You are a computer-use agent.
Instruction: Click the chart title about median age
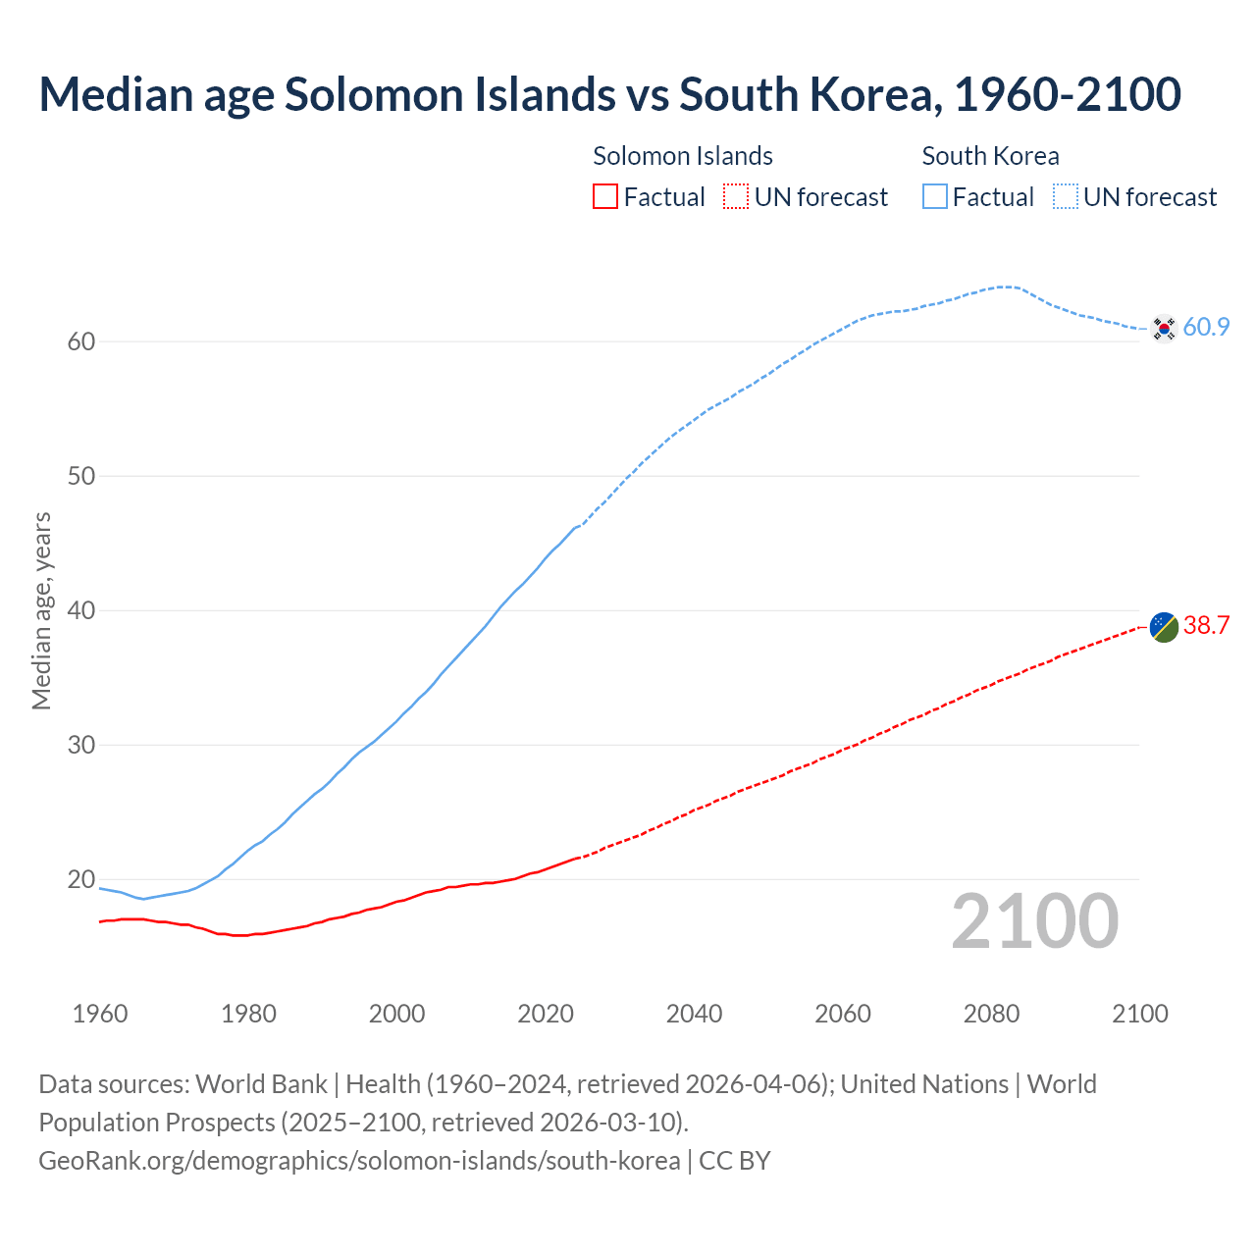tap(609, 94)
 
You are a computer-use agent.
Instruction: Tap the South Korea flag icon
tap(1164, 328)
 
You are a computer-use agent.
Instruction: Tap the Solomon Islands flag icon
tap(1164, 626)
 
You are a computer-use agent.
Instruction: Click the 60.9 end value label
tap(1206, 328)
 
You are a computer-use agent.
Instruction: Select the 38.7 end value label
tap(1206, 626)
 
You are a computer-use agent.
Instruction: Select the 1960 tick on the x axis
tap(100, 1014)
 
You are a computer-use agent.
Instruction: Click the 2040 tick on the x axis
tap(694, 1014)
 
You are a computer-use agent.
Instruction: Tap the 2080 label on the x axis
tap(991, 1014)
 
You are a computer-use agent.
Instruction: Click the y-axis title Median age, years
tap(41, 610)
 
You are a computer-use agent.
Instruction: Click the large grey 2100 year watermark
tap(1034, 921)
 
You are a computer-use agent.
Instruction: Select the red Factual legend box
tap(605, 197)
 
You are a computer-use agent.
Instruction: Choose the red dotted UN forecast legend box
tap(736, 197)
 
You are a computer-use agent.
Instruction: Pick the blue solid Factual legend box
tap(935, 197)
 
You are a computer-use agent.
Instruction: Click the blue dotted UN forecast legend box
tap(1066, 197)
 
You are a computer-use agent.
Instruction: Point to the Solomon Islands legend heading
tap(683, 156)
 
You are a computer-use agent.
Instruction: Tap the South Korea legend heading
tap(990, 156)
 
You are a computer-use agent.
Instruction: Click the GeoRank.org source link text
tap(359, 1161)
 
